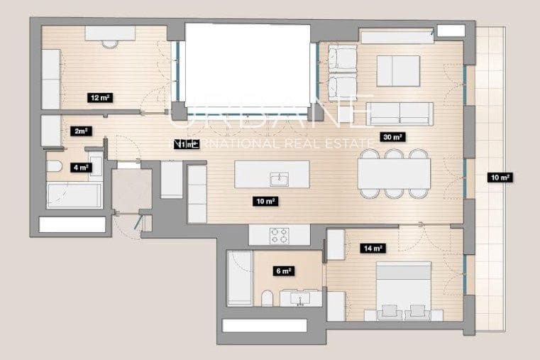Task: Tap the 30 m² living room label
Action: coord(392,138)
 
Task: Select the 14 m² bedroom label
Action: coord(373,249)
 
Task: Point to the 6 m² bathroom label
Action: coord(284,271)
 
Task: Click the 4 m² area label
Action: coord(81,168)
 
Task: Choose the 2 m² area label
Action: coord(81,131)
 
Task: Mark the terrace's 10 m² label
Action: coord(500,178)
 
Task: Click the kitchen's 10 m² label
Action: coord(265,202)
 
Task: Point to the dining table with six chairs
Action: coord(394,173)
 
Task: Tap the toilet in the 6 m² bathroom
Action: coord(267,298)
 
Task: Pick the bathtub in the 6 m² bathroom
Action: coord(238,278)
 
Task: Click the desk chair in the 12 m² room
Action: coord(109,43)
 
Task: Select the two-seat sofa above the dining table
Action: coord(400,111)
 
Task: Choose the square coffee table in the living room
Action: coord(399,70)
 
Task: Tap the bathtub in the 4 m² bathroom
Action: coord(74,195)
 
